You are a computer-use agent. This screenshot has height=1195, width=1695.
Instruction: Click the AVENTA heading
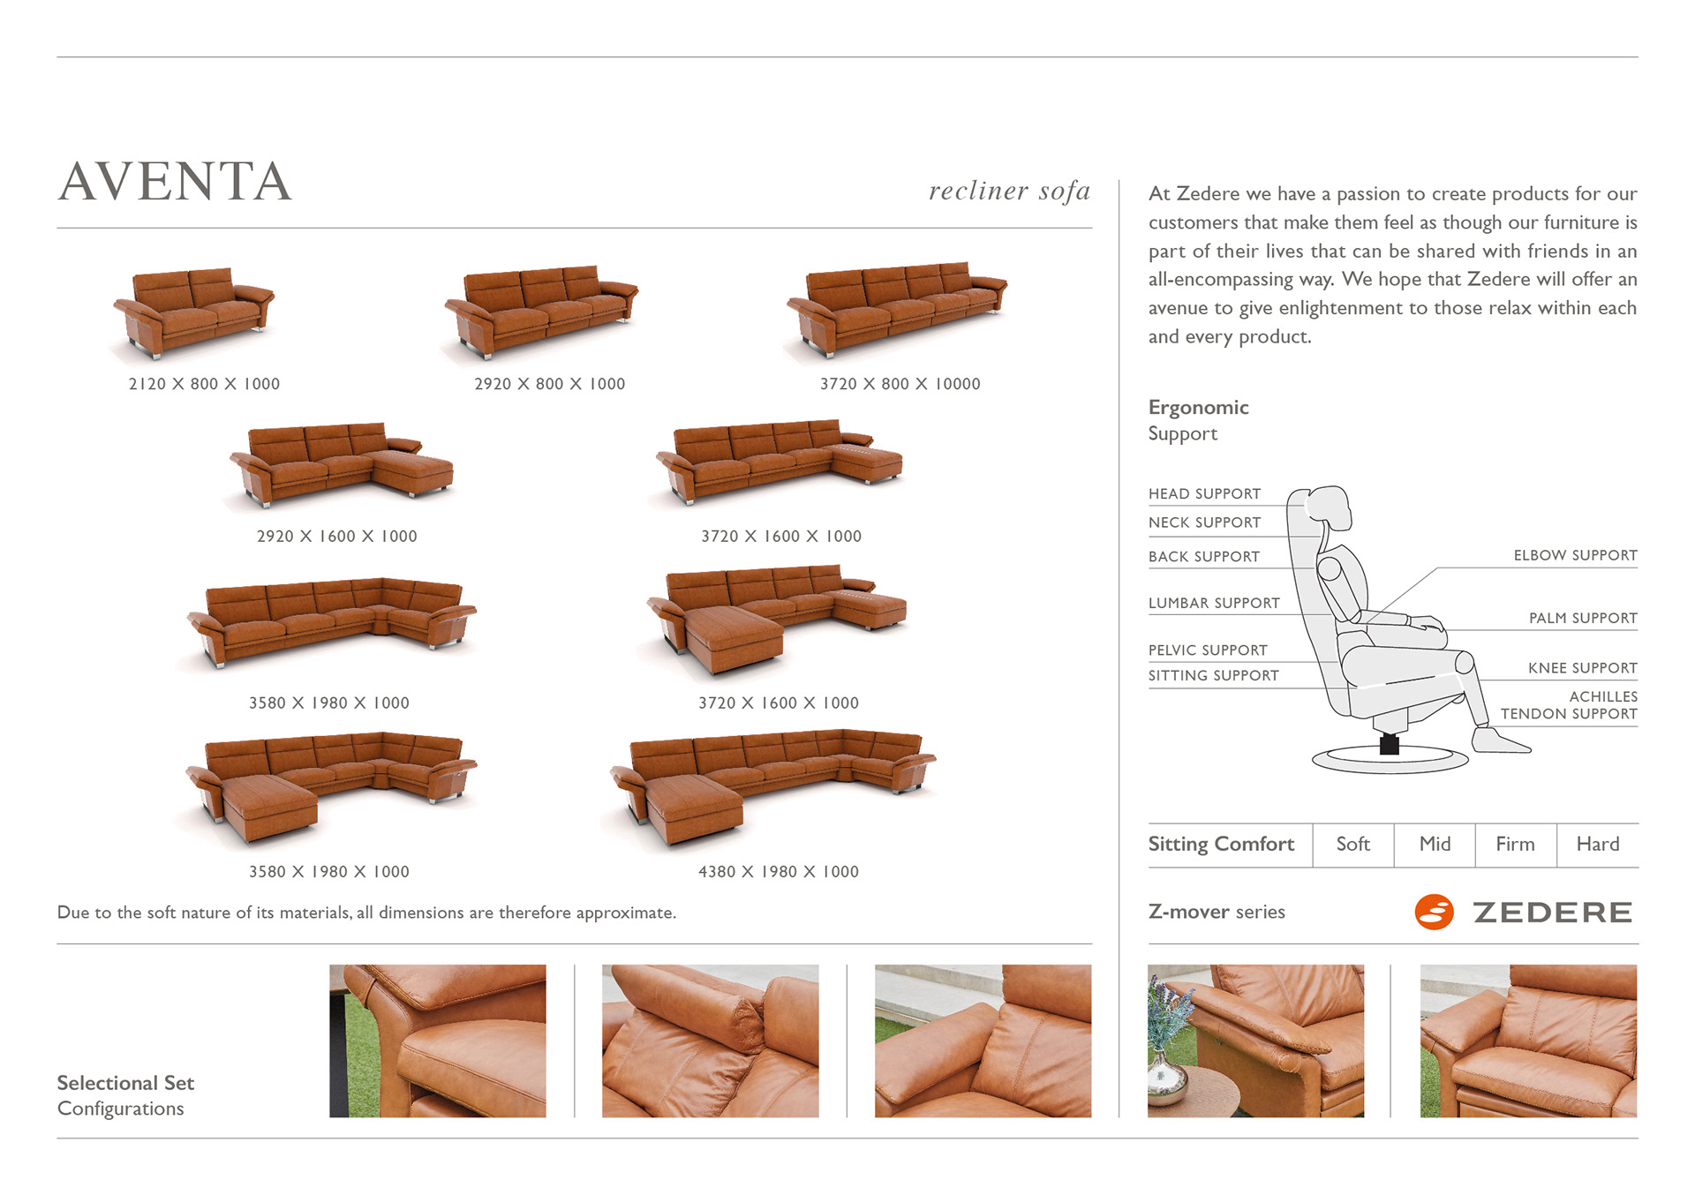(x=175, y=182)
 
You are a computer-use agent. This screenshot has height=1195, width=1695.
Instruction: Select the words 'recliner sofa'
(x=1009, y=191)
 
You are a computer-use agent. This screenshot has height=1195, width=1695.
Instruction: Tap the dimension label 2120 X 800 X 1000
(x=204, y=384)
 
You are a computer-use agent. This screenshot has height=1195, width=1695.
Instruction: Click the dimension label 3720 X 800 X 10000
(x=900, y=384)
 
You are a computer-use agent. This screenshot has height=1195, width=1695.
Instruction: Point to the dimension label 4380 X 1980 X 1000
(x=778, y=872)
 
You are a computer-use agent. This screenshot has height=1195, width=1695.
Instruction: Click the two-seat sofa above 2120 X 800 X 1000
(x=194, y=311)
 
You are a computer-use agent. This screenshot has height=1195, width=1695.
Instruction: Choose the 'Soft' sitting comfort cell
(x=1352, y=845)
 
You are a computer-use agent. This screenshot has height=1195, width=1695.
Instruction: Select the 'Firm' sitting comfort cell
(x=1515, y=845)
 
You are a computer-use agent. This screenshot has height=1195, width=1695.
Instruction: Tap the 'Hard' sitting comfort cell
(x=1597, y=845)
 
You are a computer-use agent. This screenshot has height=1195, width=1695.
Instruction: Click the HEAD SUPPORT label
(x=1204, y=494)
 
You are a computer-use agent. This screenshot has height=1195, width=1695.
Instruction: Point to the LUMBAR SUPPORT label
(x=1214, y=604)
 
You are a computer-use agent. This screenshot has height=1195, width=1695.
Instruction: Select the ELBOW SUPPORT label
(x=1575, y=555)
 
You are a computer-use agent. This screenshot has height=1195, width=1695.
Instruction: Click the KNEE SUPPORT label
(x=1582, y=668)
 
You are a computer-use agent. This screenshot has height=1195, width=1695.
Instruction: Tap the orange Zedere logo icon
(x=1434, y=913)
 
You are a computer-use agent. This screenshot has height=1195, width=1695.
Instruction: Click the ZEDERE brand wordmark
(x=1552, y=913)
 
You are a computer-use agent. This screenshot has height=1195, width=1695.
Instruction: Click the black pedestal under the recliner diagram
(x=1389, y=744)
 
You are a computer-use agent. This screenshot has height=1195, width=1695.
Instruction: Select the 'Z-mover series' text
(x=1217, y=912)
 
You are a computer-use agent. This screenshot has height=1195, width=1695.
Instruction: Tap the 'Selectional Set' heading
(x=125, y=1083)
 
